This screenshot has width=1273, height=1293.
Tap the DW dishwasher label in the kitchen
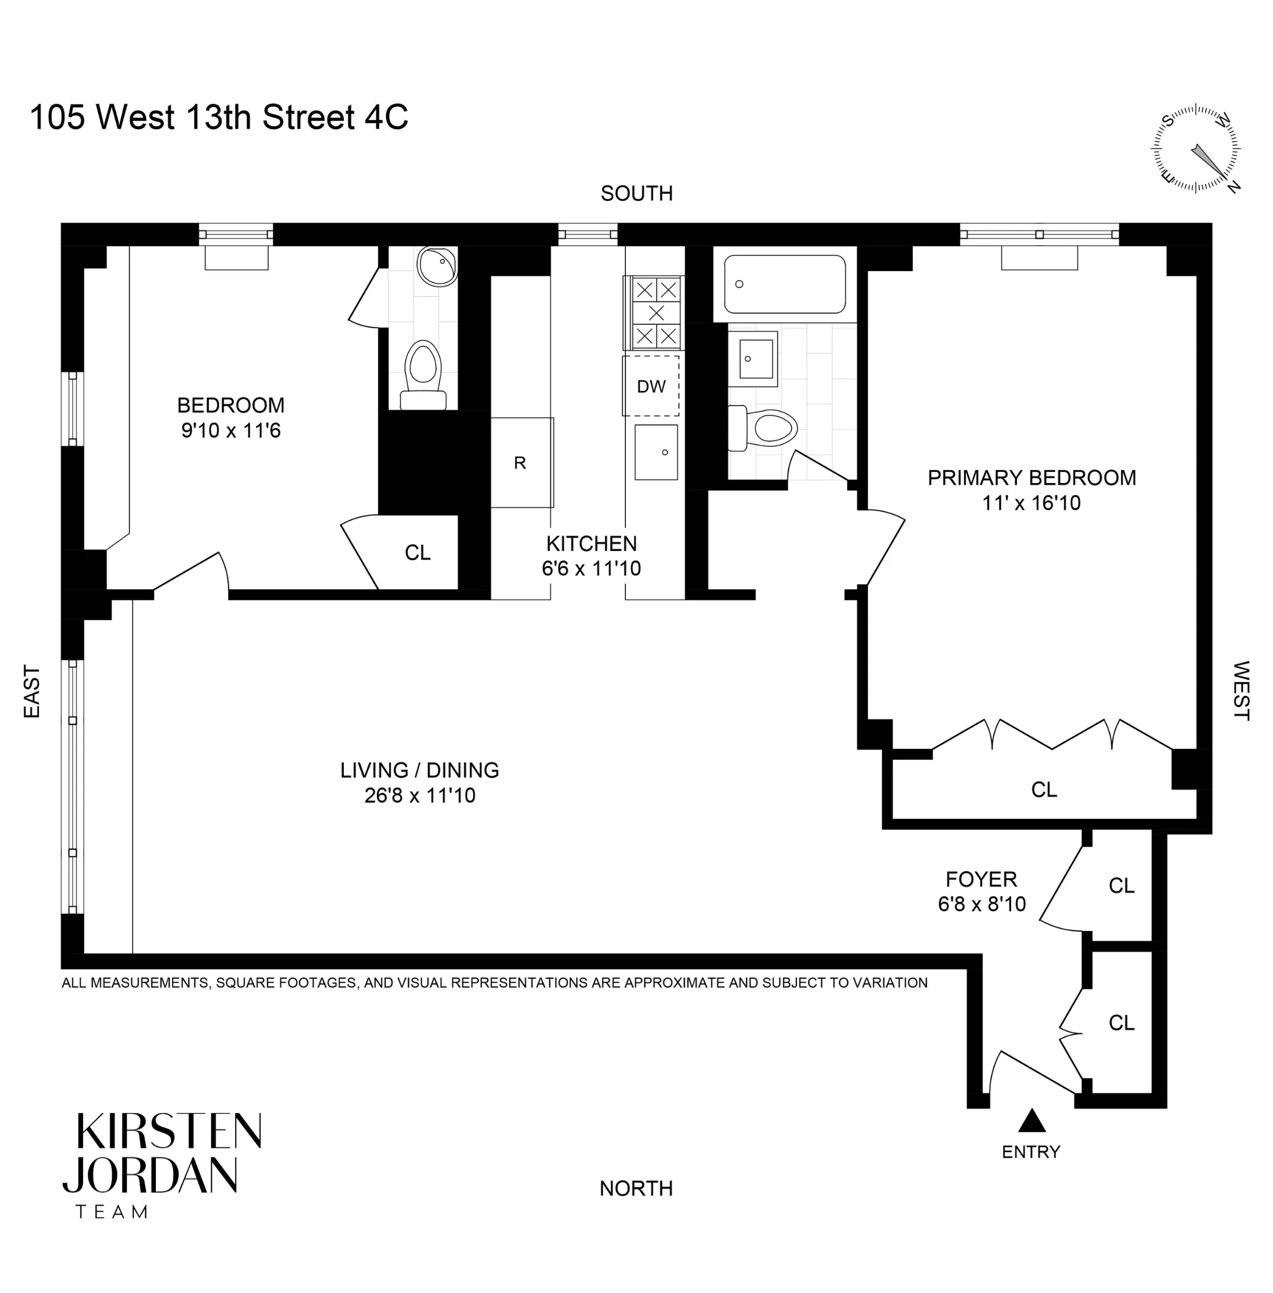pos(650,386)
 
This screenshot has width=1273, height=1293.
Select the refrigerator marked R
pos(520,463)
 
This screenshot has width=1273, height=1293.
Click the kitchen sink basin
pos(656,453)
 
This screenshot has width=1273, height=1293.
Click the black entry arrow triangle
pos(1031,1121)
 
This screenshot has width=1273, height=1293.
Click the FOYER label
pos(981,879)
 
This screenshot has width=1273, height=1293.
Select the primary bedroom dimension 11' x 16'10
pos(1031,503)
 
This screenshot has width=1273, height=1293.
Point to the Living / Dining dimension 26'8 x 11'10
pos(420,795)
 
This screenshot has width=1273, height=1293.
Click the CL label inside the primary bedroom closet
pos(1044,790)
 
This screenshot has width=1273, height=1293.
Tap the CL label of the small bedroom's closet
pos(417,552)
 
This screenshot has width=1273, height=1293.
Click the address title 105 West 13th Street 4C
pos(219,117)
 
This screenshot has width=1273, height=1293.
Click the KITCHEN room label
pos(591,543)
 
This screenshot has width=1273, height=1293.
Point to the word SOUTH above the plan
pos(636,193)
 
